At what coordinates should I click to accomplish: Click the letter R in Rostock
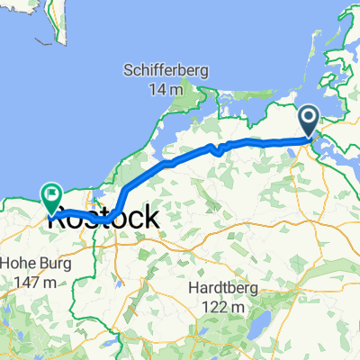pos(63,218)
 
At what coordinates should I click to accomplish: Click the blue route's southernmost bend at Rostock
pos(105,219)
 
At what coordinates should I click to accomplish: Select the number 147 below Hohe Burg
pos(28,283)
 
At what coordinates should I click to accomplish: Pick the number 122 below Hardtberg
pos(213,306)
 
